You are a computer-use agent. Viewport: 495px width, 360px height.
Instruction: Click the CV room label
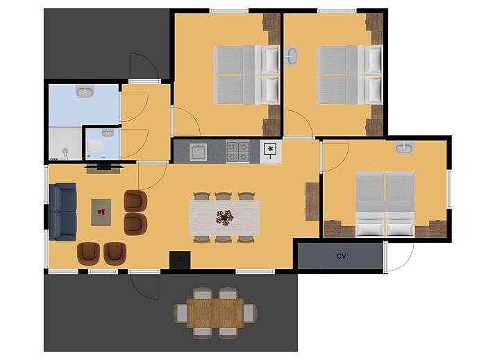pyautogui.click(x=342, y=256)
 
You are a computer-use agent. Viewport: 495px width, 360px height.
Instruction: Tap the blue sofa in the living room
pyautogui.click(x=63, y=212)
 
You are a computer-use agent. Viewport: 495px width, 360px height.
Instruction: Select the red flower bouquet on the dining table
pyautogui.click(x=224, y=218)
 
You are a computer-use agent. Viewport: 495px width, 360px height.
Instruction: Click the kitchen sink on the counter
pyautogui.click(x=198, y=152)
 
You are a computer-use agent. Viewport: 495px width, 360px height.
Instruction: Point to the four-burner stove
pyautogui.click(x=237, y=152)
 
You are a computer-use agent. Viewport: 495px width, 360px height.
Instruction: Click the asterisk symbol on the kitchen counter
pyautogui.click(x=270, y=148)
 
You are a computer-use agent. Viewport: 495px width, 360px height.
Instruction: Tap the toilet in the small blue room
pyautogui.click(x=95, y=146)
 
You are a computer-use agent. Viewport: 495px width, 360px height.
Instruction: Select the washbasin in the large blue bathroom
pyautogui.click(x=85, y=91)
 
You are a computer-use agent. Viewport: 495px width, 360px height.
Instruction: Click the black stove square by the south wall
pyautogui.click(x=180, y=260)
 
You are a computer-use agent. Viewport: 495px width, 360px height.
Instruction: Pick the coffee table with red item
pyautogui.click(x=101, y=212)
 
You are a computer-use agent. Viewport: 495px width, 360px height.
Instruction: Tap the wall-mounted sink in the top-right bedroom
pyautogui.click(x=291, y=57)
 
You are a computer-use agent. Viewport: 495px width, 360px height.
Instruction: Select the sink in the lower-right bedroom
pyautogui.click(x=404, y=147)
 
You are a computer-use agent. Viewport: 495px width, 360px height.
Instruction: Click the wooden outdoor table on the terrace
pyautogui.click(x=215, y=313)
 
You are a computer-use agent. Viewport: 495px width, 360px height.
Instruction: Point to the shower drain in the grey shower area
pyautogui.click(x=65, y=151)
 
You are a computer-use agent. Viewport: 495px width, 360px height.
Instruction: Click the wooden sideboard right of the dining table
pyautogui.click(x=312, y=202)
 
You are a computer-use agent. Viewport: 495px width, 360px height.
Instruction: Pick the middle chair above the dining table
pyautogui.click(x=224, y=196)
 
